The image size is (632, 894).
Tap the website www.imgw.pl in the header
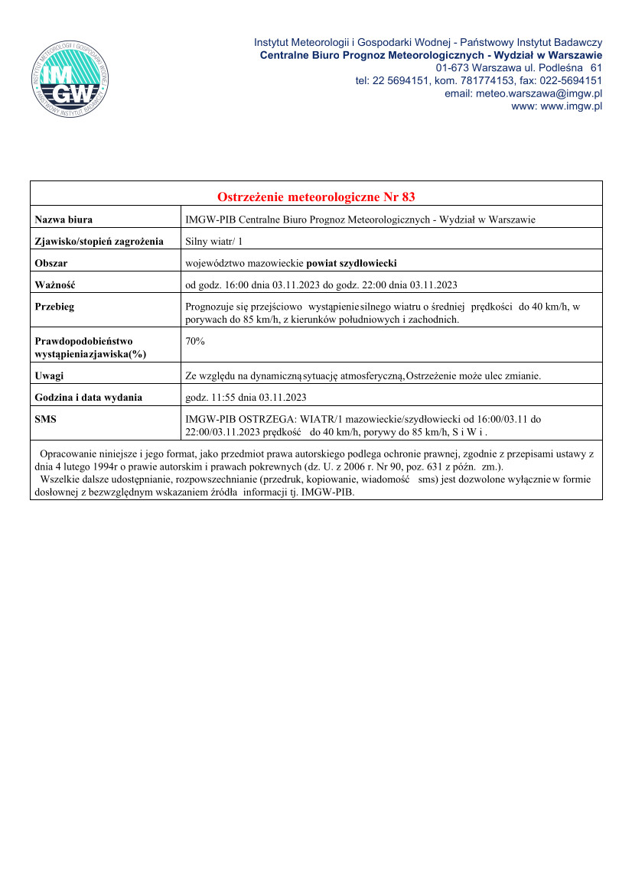pyautogui.click(x=571, y=106)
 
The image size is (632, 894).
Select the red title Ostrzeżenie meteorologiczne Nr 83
pyautogui.click(x=316, y=197)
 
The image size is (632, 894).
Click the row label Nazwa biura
pyautogui.click(x=64, y=219)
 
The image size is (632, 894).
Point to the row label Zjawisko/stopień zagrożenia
pyautogui.click(x=99, y=242)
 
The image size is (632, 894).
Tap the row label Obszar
pyautogui.click(x=51, y=264)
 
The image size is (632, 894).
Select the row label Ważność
pyautogui.click(x=54, y=285)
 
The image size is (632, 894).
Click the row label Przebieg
pyautogui.click(x=55, y=307)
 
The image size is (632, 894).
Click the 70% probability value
pyautogui.click(x=195, y=341)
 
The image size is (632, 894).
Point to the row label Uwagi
pyautogui.click(x=50, y=375)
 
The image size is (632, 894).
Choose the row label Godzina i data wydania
pyautogui.click(x=89, y=397)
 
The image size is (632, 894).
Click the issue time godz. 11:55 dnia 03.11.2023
pyautogui.click(x=246, y=397)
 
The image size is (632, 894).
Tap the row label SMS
pyautogui.click(x=46, y=419)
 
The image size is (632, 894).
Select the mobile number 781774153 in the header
pyautogui.click(x=485, y=80)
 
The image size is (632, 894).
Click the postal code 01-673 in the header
pyautogui.click(x=451, y=67)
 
